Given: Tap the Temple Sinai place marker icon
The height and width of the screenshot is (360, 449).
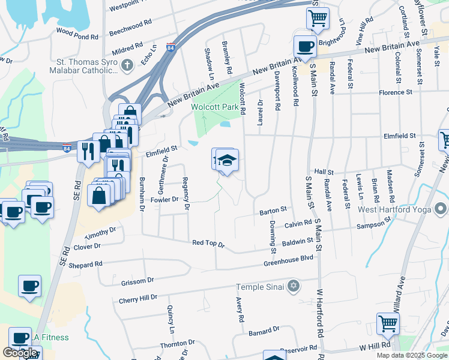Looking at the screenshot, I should pyautogui.click(x=293, y=285).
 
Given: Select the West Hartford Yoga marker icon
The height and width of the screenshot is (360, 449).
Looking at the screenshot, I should pyautogui.click(x=441, y=209).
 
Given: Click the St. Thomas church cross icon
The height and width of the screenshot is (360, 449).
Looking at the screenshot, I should pyautogui.click(x=127, y=65).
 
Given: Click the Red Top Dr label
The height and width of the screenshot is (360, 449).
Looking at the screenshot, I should pyautogui.click(x=208, y=244).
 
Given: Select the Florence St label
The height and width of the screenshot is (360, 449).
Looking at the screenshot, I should pyautogui.click(x=395, y=93).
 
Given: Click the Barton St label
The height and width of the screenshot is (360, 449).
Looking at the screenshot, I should pyautogui.click(x=274, y=212).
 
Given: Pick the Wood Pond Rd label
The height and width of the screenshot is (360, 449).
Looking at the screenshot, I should pyautogui.click(x=77, y=37).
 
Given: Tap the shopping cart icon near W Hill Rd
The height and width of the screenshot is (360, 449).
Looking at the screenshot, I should pyautogui.click(x=388, y=323).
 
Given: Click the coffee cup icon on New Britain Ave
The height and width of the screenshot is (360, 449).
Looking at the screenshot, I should pyautogui.click(x=305, y=46).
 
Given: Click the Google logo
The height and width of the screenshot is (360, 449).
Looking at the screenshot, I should pyautogui.click(x=20, y=353).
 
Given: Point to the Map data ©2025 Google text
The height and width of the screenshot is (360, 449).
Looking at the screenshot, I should pyautogui.click(x=411, y=355).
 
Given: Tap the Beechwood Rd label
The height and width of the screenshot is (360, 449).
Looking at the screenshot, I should pyautogui.click(x=131, y=25).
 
